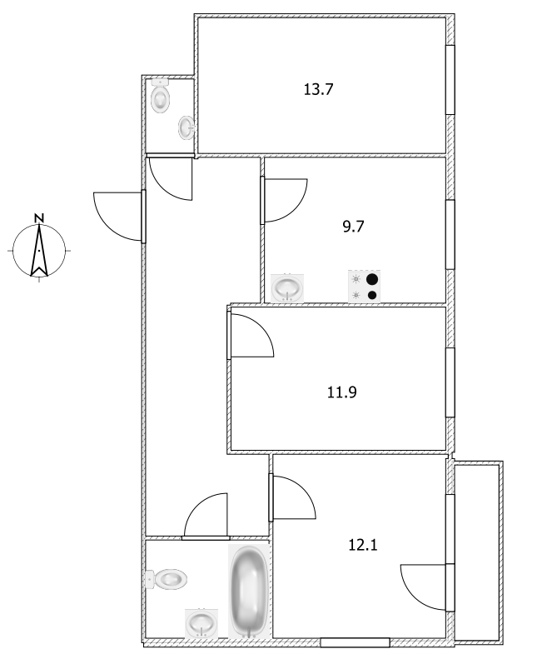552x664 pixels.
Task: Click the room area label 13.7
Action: (x=318, y=89)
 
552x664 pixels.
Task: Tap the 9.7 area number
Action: (x=354, y=225)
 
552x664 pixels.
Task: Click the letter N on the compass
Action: (x=39, y=218)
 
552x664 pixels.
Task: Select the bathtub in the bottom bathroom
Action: (x=248, y=591)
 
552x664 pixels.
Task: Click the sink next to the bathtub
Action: (x=200, y=622)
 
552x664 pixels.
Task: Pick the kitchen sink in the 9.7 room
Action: (x=288, y=287)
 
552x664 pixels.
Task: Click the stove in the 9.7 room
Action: (x=364, y=287)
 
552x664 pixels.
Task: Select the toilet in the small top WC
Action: (x=161, y=99)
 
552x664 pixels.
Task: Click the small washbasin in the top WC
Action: (x=186, y=128)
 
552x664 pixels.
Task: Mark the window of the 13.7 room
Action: (x=450, y=79)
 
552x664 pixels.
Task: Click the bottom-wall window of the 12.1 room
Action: (x=355, y=642)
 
